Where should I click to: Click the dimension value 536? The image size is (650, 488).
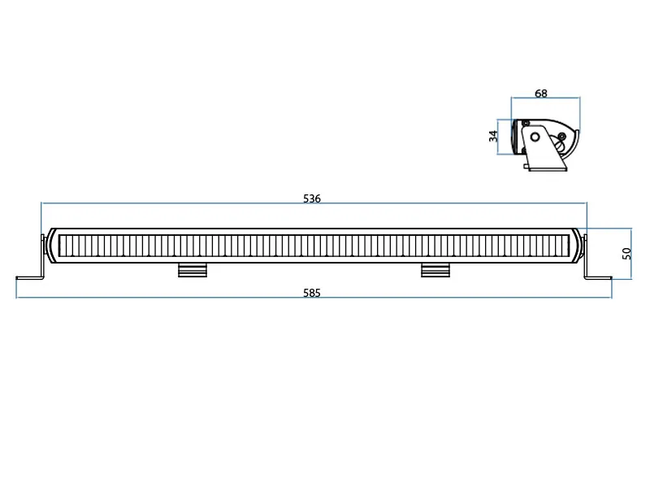click(x=312, y=198)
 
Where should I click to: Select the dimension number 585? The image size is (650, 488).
click(x=312, y=293)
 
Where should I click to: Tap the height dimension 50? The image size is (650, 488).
click(x=626, y=253)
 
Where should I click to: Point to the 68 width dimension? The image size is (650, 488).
click(x=541, y=94)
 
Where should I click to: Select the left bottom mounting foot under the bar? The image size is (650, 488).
click(x=192, y=270)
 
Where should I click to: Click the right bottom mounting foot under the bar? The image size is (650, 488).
click(x=435, y=270)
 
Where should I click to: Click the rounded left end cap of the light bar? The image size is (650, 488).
click(x=51, y=245)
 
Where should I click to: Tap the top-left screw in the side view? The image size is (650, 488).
click(x=526, y=124)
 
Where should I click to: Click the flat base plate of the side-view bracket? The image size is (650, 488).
click(x=548, y=169)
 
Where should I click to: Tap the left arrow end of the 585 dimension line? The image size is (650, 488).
click(x=17, y=298)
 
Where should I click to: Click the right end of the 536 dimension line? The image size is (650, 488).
click(x=587, y=203)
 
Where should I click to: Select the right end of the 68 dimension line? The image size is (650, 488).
click(x=579, y=98)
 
